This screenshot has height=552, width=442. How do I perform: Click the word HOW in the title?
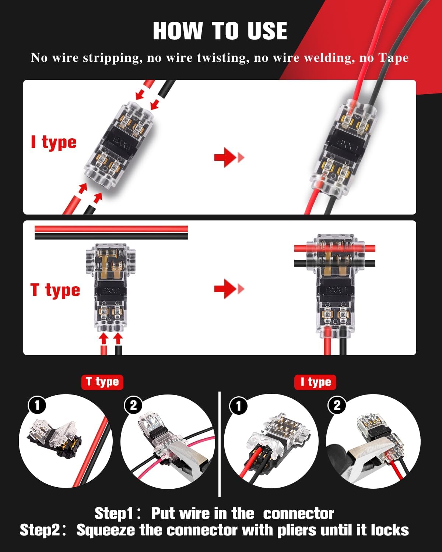(x=178, y=31)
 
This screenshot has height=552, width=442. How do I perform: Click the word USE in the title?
(x=267, y=31)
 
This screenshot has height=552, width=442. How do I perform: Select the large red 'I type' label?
(x=54, y=143)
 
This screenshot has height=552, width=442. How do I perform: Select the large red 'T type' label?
(x=55, y=290)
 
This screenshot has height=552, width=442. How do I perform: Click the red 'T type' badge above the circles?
(x=102, y=382)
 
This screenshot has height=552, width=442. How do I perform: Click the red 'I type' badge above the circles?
(x=315, y=382)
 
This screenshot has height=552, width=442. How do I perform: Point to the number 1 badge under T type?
(x=37, y=406)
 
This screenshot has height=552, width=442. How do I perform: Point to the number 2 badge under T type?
(x=133, y=406)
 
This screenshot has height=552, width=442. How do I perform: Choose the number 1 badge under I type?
(x=239, y=406)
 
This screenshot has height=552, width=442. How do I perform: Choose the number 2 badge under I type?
(x=337, y=406)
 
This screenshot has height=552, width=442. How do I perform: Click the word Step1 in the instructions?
(x=114, y=514)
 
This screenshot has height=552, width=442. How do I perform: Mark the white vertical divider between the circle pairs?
(x=219, y=444)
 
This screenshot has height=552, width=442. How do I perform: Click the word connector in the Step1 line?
(x=298, y=514)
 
